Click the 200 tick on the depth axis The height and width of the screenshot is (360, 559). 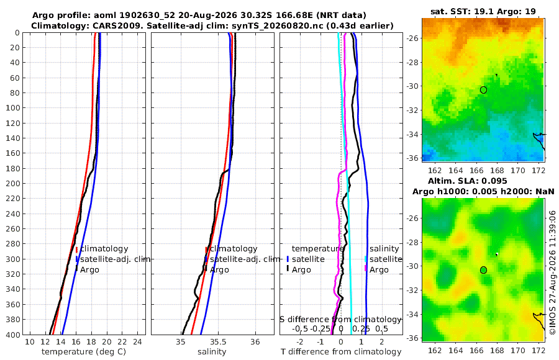pyautogui.click(x=12, y=183)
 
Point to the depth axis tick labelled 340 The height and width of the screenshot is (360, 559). pyautogui.click(x=12, y=289)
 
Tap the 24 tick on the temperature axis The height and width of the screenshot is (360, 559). pyautogui.click(x=137, y=342)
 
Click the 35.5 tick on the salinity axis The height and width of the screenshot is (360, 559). pyautogui.click(x=218, y=342)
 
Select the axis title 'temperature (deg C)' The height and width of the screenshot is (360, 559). pyautogui.click(x=84, y=352)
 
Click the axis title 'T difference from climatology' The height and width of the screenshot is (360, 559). pyautogui.click(x=341, y=352)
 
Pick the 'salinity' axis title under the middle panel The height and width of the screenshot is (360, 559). pyautogui.click(x=212, y=352)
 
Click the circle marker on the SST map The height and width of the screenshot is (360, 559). pyautogui.click(x=483, y=90)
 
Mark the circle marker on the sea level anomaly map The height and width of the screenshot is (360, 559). pyautogui.click(x=483, y=270)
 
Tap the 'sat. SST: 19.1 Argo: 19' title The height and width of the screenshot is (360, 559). pyautogui.click(x=483, y=11)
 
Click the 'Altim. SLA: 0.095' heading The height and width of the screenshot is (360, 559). pyautogui.click(x=467, y=181)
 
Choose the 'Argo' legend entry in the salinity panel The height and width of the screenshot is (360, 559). pyautogui.click(x=219, y=270)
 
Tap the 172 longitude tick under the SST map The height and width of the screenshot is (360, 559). pyautogui.click(x=539, y=171)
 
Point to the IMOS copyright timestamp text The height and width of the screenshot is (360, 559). pyautogui.click(x=553, y=277)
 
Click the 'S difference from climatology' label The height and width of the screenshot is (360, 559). pyautogui.click(x=340, y=320)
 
